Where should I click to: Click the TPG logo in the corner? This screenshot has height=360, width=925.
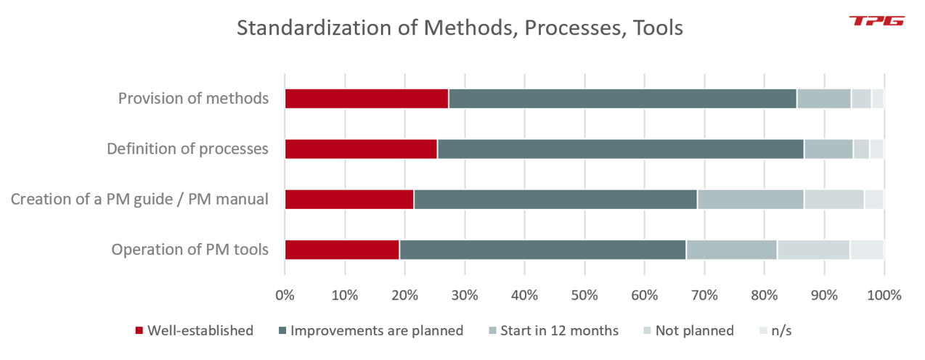pyautogui.click(x=876, y=21)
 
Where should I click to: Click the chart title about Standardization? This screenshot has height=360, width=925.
pyautogui.click(x=460, y=28)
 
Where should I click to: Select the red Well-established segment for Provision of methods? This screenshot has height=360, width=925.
pyautogui.click(x=366, y=98)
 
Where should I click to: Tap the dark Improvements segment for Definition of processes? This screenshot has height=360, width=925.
pyautogui.click(x=620, y=149)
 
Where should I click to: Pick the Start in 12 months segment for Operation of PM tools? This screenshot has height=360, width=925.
pyautogui.click(x=731, y=249)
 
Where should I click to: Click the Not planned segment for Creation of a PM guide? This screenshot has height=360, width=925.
pyautogui.click(x=834, y=199)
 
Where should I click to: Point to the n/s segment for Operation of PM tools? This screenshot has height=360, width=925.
pyautogui.click(x=866, y=249)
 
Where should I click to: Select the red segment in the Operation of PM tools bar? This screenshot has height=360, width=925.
pyautogui.click(x=342, y=249)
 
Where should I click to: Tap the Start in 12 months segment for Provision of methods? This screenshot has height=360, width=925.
pyautogui.click(x=823, y=98)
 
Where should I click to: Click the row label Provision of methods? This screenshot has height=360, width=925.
pyautogui.click(x=193, y=98)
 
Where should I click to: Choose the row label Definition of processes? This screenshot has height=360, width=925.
pyautogui.click(x=187, y=149)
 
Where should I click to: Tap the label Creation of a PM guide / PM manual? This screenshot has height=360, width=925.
pyautogui.click(x=139, y=199)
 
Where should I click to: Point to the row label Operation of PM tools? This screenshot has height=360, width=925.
pyautogui.click(x=190, y=249)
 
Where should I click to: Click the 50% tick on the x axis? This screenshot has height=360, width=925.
pyautogui.click(x=584, y=295)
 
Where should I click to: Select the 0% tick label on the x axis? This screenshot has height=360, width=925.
pyautogui.click(x=285, y=295)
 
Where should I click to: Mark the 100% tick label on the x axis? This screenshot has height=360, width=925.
pyautogui.click(x=883, y=295)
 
